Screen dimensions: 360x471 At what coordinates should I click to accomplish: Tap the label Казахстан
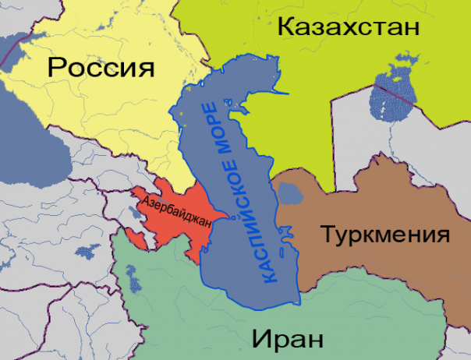(x=349, y=29)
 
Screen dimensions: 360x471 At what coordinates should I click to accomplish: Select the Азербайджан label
(x=178, y=212)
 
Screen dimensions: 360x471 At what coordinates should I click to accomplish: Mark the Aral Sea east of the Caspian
(x=390, y=90)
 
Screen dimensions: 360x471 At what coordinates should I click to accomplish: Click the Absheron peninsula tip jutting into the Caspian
(x=227, y=217)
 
